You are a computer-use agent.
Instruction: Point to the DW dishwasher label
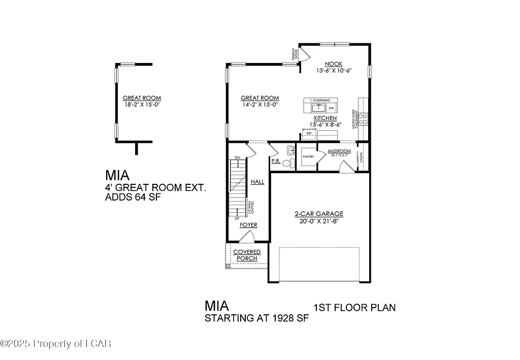point(331,109)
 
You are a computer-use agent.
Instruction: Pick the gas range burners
point(363,119)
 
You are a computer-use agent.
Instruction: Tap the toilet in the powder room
point(288,163)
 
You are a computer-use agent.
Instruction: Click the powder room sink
point(290,150)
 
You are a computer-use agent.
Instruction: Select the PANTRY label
point(307,157)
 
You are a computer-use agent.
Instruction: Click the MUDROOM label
point(339,151)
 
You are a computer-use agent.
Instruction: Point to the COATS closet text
point(362,157)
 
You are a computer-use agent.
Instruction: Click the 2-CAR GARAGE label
point(319,214)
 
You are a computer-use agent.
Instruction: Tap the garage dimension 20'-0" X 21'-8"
point(319,221)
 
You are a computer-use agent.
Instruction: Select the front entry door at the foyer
point(246,236)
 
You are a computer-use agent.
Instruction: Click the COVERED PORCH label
point(247,255)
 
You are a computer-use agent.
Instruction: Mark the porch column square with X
point(228,266)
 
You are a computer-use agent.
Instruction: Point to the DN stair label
point(237,158)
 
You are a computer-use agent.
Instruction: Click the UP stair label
point(237,218)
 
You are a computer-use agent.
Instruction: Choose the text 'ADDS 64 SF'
point(133,198)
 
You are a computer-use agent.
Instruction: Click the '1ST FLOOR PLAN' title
point(354,308)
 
